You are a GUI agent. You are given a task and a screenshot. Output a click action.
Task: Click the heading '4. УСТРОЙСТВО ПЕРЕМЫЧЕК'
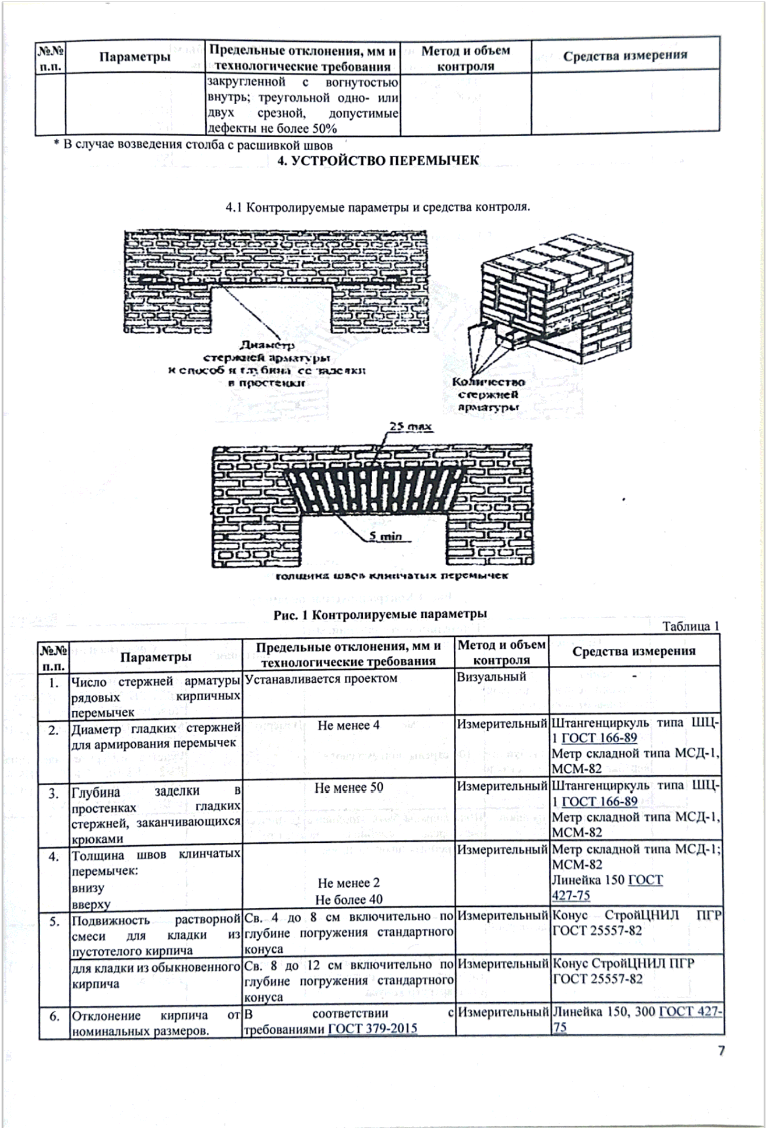(x=378, y=161)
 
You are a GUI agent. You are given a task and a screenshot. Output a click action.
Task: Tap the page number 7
(x=721, y=1051)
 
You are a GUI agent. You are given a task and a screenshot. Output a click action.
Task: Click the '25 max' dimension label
(x=411, y=427)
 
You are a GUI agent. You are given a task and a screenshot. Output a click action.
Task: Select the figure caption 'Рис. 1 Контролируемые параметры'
(x=380, y=614)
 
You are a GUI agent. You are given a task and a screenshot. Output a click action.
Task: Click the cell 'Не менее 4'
(x=348, y=725)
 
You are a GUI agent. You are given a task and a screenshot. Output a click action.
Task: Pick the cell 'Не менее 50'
(x=348, y=788)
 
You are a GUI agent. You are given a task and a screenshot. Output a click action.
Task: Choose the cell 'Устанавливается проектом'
(x=321, y=678)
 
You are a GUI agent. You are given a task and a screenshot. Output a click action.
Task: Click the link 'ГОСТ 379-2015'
(x=373, y=1028)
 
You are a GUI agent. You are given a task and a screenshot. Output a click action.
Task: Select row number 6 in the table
(x=54, y=1016)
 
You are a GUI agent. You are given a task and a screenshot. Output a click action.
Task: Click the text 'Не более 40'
(x=349, y=899)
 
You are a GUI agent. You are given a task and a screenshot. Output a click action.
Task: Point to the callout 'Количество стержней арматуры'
(x=488, y=395)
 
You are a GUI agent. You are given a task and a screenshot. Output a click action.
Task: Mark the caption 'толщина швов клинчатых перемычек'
(x=391, y=576)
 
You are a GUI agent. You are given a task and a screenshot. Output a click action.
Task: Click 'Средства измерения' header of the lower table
(x=634, y=651)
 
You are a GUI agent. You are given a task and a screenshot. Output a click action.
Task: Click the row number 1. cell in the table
(x=54, y=683)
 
